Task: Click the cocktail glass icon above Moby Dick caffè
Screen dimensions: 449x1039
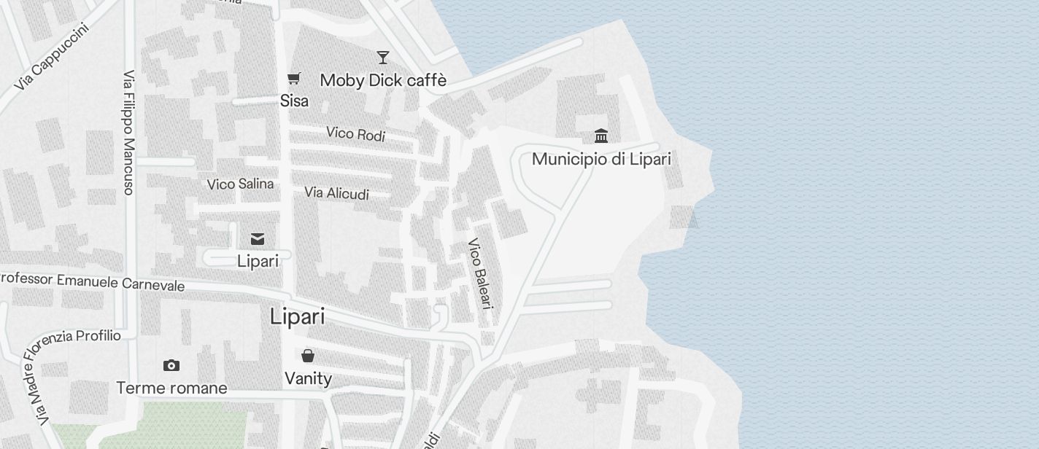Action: point(383,57)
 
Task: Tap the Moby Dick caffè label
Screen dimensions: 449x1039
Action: point(383,80)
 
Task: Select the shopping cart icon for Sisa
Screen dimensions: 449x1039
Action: point(294,79)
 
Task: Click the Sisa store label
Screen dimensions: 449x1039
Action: point(294,101)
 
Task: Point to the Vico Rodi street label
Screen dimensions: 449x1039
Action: point(355,133)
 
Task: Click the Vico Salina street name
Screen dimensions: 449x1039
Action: point(240,184)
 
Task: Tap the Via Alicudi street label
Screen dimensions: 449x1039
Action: point(336,193)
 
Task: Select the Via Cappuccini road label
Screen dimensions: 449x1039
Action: point(51,58)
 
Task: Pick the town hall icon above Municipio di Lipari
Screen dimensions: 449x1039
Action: point(601,136)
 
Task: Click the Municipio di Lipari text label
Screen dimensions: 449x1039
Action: point(601,159)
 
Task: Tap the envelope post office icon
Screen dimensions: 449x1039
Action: point(258,239)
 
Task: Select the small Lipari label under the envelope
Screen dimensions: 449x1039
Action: point(258,261)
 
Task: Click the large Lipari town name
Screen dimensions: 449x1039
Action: point(297,317)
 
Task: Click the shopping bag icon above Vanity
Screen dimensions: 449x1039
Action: point(308,356)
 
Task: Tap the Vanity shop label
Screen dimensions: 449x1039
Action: point(308,378)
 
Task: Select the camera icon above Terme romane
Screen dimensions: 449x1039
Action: point(171,365)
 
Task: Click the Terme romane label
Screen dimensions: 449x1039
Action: point(171,388)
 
